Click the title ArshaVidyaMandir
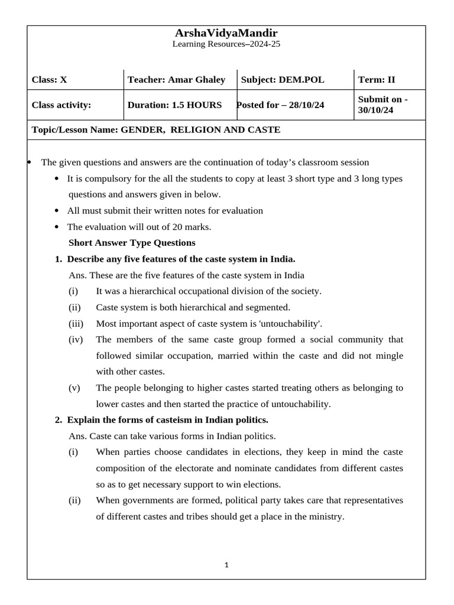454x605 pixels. (226, 33)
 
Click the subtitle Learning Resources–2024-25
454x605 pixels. (226, 44)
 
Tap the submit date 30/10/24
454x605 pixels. (375, 110)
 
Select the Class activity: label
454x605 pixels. (61, 105)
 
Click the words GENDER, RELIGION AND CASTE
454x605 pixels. (200, 129)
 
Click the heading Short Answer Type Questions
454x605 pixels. (132, 243)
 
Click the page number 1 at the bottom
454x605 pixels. (226, 565)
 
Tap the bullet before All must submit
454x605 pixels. (57, 211)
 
